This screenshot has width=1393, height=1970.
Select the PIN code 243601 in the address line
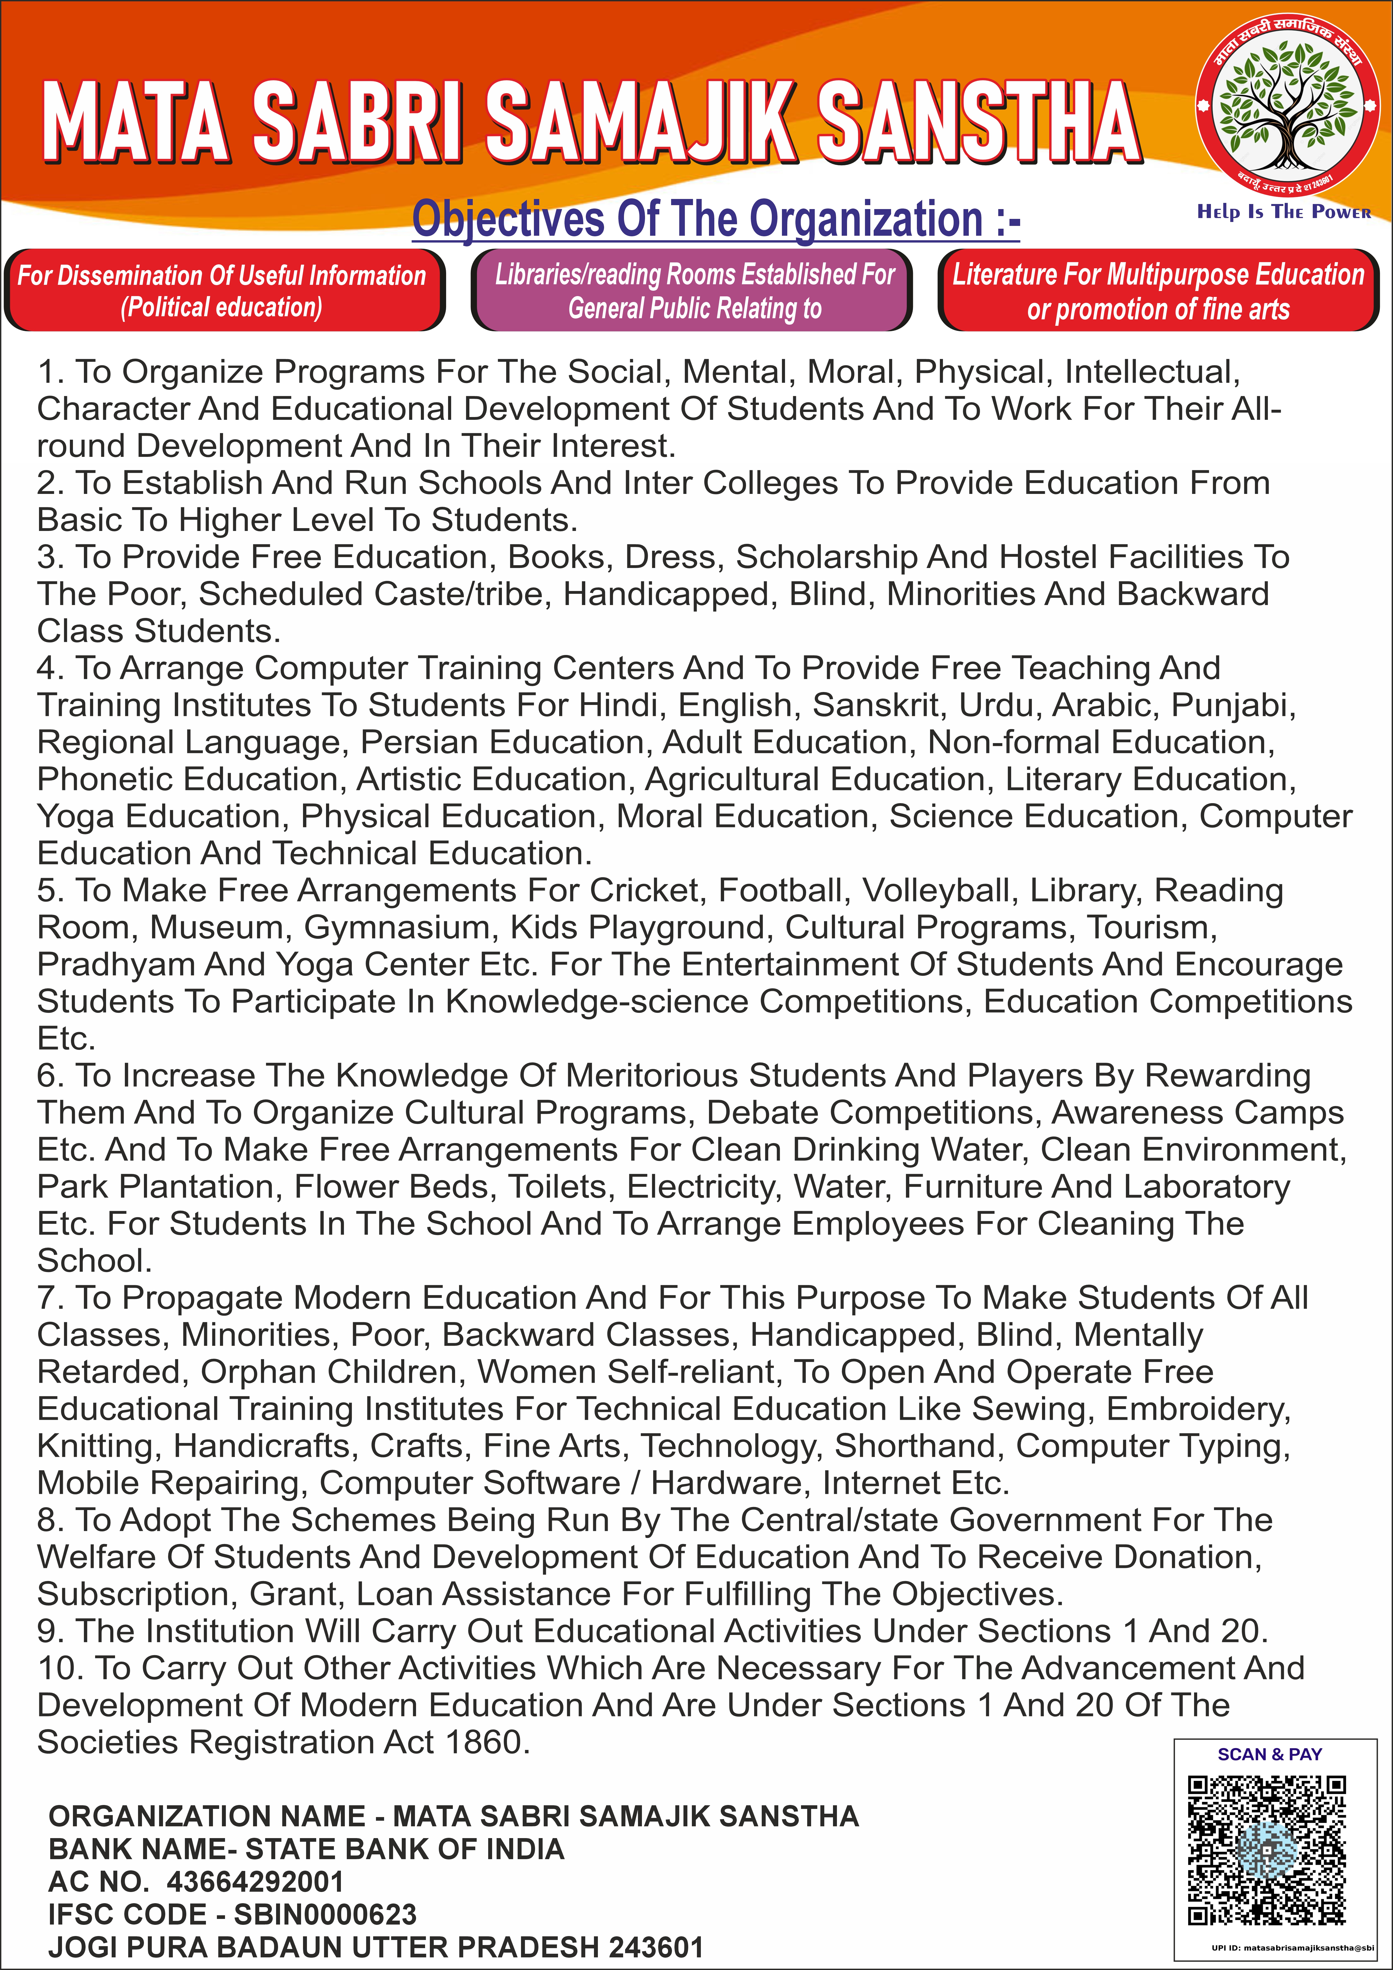(656, 1947)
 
